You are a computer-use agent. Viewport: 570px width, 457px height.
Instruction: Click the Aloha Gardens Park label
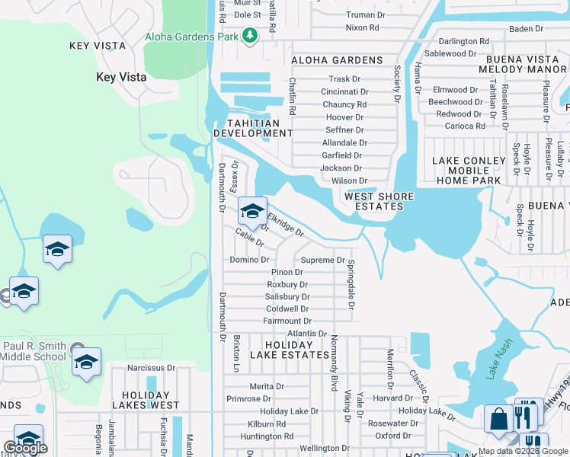[x=191, y=37]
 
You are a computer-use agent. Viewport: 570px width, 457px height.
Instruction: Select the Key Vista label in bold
[x=121, y=77]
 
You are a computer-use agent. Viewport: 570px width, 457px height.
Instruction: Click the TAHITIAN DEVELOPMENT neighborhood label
[x=253, y=128]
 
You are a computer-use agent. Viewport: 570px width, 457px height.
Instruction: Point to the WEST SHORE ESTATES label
[x=379, y=201]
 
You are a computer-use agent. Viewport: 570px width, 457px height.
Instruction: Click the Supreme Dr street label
[x=323, y=260]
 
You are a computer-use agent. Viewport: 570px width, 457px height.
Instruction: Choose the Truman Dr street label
[x=371, y=14]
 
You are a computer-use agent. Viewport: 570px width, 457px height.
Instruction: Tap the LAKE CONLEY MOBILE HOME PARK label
[x=469, y=171]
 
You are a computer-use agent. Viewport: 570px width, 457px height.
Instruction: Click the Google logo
[x=25, y=448]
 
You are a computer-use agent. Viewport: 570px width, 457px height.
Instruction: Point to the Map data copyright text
[x=523, y=451]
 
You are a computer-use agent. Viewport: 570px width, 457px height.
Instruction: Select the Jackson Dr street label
[x=341, y=168]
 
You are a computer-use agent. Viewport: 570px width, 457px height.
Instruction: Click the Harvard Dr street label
[x=392, y=398]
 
